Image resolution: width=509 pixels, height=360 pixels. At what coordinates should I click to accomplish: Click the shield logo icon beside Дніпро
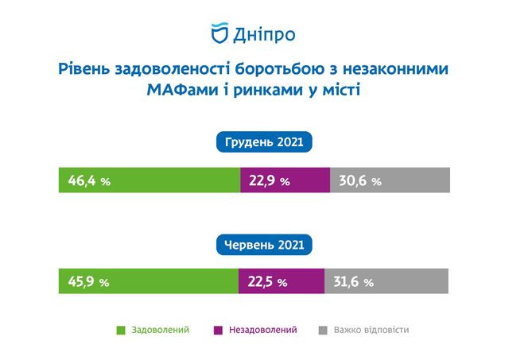[220, 33]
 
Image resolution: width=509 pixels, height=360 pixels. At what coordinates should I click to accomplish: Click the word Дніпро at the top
[264, 35]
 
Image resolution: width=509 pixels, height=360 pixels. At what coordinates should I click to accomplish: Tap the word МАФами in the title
[182, 90]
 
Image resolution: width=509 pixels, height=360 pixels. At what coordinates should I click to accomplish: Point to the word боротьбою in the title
[279, 69]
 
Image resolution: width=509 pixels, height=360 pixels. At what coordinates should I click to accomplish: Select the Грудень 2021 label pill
[264, 142]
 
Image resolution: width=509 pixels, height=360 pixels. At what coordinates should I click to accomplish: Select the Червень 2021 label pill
[264, 245]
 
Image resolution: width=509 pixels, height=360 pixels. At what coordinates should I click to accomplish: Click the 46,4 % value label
[89, 180]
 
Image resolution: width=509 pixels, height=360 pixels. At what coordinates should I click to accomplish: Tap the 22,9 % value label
[270, 180]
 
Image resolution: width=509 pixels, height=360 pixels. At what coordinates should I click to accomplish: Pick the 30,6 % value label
[360, 180]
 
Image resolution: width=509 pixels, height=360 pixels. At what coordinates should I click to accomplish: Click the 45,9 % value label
[88, 281]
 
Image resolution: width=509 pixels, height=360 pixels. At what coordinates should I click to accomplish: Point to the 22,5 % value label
[268, 281]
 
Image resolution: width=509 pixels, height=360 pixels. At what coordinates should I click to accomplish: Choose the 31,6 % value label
[353, 281]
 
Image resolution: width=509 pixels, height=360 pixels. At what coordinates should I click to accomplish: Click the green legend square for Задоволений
[121, 330]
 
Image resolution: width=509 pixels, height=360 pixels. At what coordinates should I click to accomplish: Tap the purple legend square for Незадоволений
[218, 330]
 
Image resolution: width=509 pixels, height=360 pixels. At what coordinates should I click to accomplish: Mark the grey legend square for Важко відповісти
[323, 330]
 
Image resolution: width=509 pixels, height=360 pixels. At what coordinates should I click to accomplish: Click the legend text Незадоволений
[263, 330]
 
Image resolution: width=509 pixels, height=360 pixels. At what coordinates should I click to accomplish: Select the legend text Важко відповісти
[371, 330]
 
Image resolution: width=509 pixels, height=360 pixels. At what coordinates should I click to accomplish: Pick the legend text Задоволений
[161, 330]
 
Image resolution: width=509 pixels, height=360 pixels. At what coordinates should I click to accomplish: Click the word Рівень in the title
[84, 69]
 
